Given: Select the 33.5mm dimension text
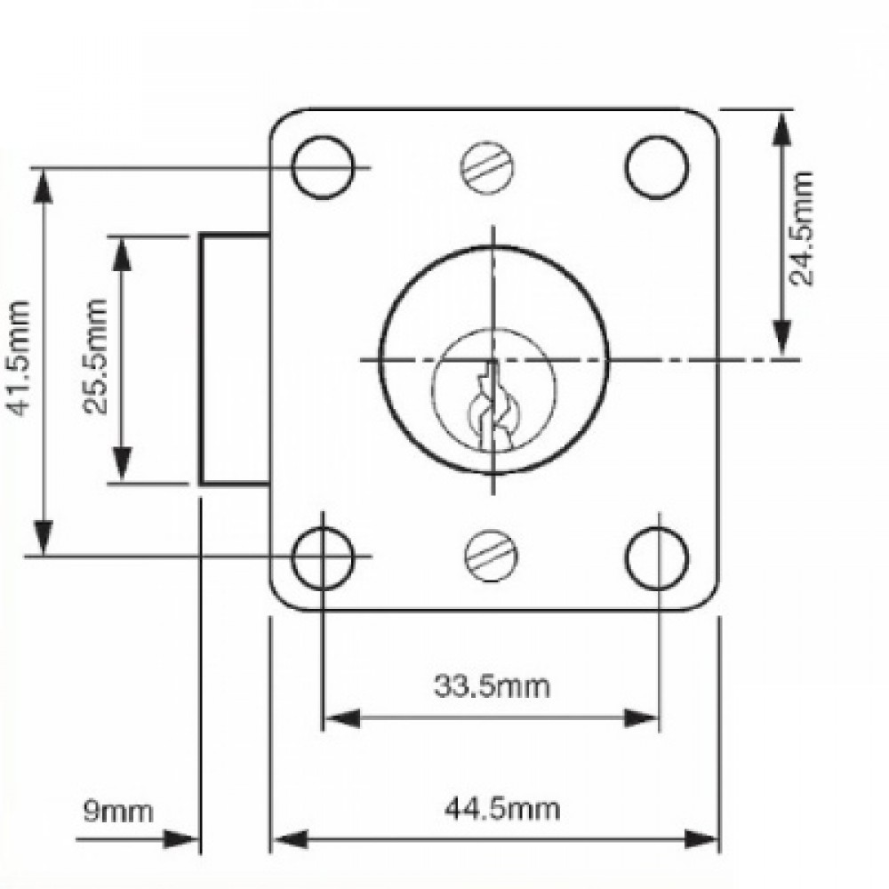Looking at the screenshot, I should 492,685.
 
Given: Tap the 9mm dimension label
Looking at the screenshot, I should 117,811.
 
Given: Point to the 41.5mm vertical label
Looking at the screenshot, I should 20,358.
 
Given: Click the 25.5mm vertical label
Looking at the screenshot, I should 96,356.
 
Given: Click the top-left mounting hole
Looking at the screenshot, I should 323,167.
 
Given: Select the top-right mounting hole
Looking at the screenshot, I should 657,167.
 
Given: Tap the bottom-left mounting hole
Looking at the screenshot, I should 323,557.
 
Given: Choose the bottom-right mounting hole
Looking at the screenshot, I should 657,557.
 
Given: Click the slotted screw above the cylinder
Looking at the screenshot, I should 488,167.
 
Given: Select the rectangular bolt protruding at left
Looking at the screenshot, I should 234,358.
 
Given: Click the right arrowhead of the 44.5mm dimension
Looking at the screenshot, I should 703,839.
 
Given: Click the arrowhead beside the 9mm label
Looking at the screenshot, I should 182,839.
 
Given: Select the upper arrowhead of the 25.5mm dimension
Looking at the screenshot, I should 123,252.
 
